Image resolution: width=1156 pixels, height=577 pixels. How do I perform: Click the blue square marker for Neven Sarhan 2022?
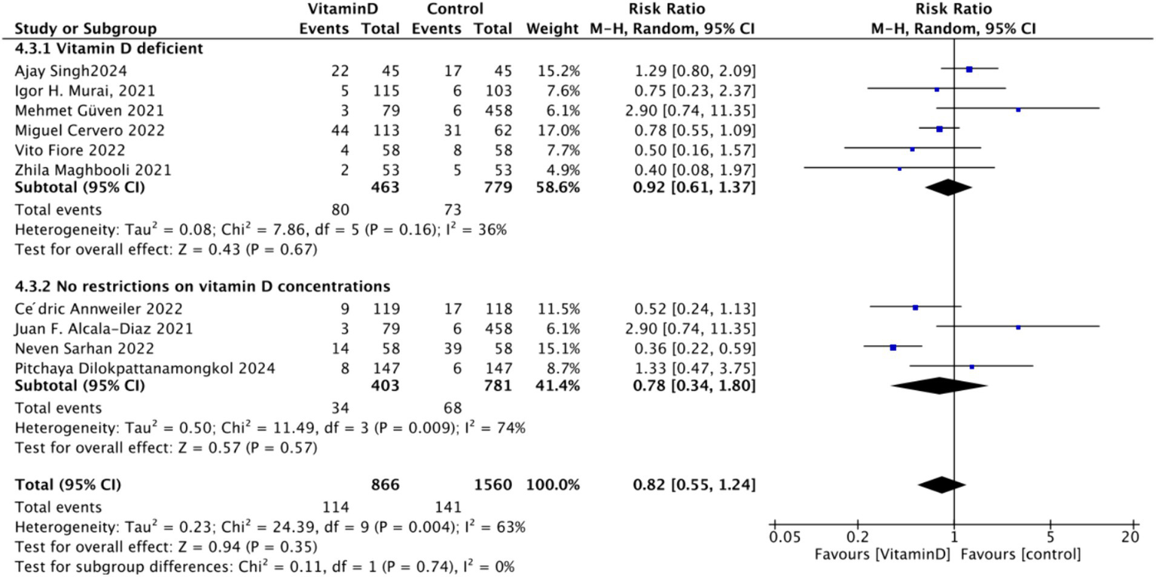pos(892,347)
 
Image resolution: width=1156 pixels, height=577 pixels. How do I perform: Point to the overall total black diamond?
pos(941,485)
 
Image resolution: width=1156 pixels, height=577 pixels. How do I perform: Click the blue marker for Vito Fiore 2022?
pos(912,149)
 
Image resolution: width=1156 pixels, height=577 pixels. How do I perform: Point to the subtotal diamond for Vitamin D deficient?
pos(947,188)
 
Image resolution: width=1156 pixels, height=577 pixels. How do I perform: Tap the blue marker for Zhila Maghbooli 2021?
pos(899,169)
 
